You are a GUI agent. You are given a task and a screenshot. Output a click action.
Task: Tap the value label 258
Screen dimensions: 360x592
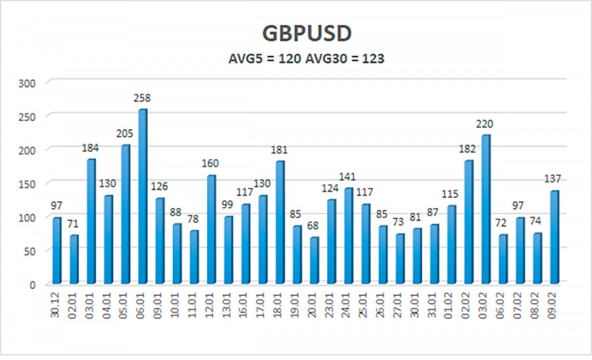point(142,98)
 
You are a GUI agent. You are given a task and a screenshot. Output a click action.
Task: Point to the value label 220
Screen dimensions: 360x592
point(485,124)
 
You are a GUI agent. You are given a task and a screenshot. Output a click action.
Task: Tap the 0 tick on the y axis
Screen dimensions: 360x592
point(32,285)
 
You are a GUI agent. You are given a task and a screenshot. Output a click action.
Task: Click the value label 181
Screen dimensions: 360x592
point(280,150)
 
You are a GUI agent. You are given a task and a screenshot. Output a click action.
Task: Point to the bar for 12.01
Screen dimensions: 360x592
point(211,230)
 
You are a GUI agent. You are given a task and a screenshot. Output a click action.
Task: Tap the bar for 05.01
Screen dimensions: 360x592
point(125,215)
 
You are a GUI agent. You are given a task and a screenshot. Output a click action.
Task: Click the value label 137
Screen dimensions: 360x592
point(555,180)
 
